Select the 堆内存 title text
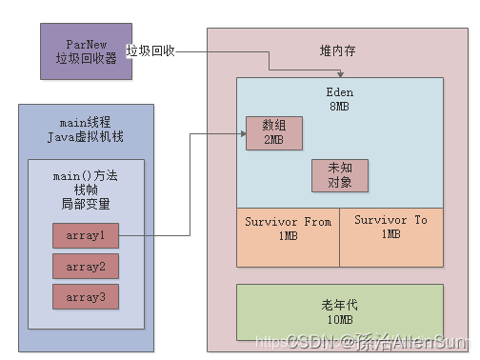tap(338, 50)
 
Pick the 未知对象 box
tap(339, 175)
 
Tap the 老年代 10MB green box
tap(339, 312)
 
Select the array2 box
tap(86, 266)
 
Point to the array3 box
tap(86, 296)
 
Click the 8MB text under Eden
tap(339, 107)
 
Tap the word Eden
tap(339, 92)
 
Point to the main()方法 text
tap(86, 175)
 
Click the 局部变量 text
tap(86, 204)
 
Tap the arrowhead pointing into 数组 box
tap(242, 134)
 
